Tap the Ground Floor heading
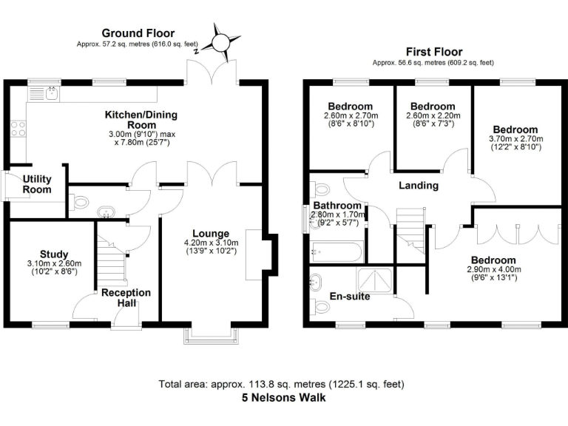click(x=138, y=33)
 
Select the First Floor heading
click(x=434, y=52)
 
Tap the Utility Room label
click(x=36, y=184)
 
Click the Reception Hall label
click(x=126, y=297)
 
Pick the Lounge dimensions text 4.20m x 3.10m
click(x=212, y=242)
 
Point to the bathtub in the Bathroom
click(x=337, y=251)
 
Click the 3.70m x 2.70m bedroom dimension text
click(x=516, y=139)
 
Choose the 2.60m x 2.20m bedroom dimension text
click(x=433, y=115)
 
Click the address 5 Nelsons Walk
click(x=284, y=398)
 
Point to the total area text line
click(x=281, y=385)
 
